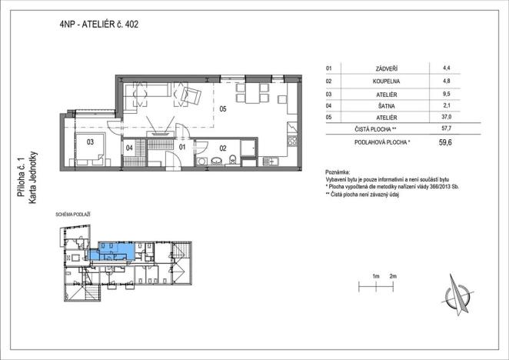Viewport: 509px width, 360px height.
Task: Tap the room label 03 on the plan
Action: point(89,141)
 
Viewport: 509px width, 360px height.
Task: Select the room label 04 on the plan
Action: point(129,146)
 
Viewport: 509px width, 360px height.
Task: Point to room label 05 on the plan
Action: point(223,108)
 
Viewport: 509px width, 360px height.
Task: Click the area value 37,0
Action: point(447,116)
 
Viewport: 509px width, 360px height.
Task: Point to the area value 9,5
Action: point(447,92)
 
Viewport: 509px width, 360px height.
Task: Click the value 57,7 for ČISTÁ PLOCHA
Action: point(446,128)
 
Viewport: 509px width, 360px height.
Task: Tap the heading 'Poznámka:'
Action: point(338,172)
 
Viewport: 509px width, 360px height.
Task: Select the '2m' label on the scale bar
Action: point(393,275)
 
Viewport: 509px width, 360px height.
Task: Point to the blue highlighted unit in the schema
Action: point(111,250)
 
